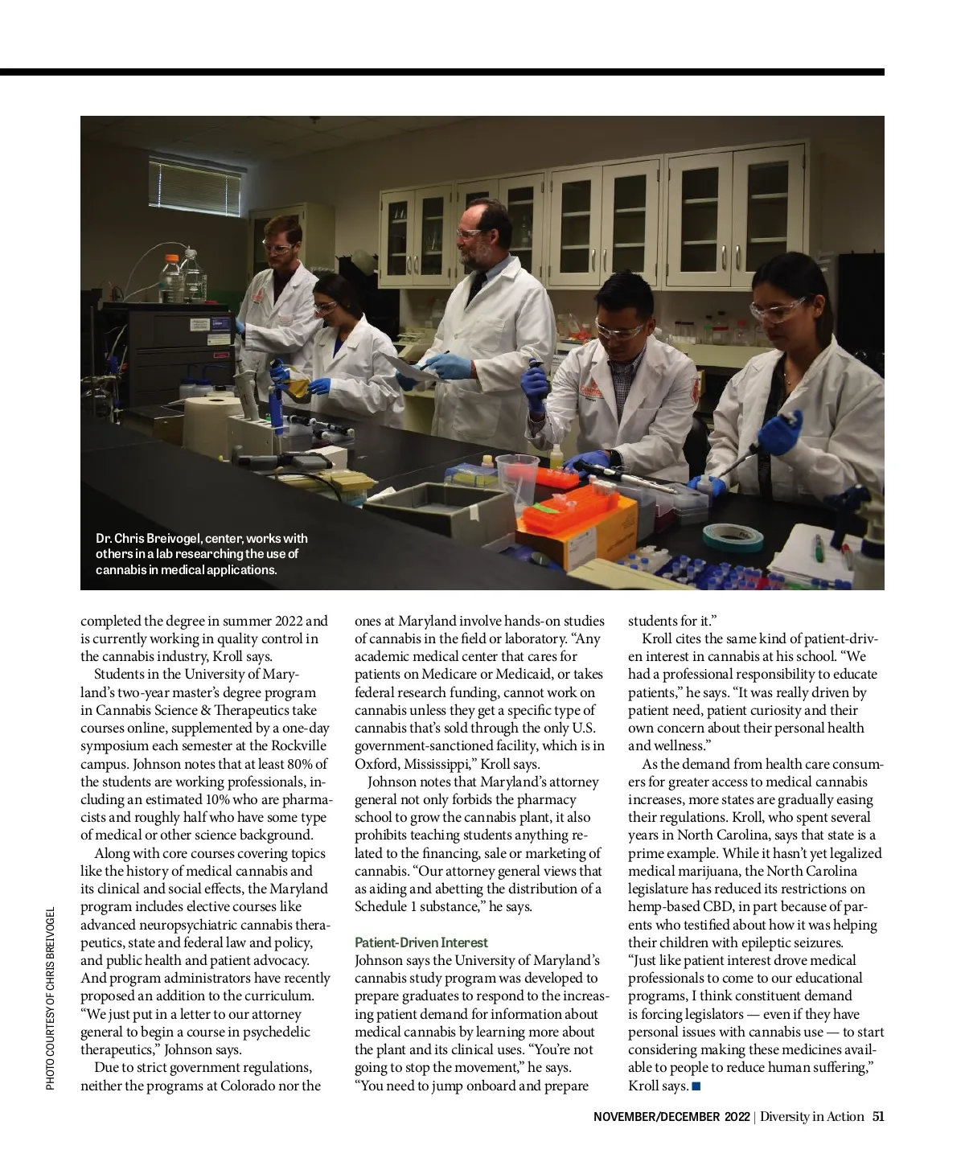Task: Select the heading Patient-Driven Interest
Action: (x=421, y=942)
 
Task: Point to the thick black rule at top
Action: (x=442, y=72)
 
